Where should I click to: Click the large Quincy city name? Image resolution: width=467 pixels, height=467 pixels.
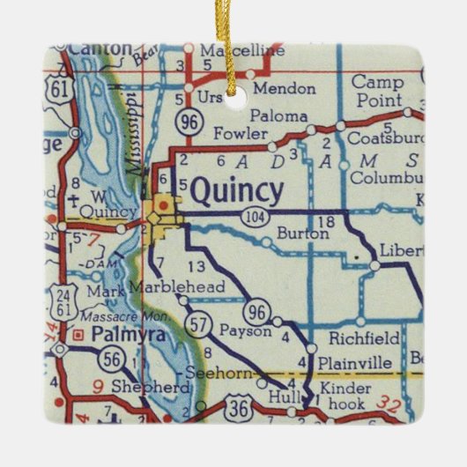tap(237, 190)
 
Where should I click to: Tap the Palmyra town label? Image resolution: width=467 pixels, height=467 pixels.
tap(114, 335)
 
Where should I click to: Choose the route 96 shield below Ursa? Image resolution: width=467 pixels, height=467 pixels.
tap(188, 121)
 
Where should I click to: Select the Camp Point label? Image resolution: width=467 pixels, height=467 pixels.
tap(377, 90)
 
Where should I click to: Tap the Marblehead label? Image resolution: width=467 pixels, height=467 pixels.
tap(175, 287)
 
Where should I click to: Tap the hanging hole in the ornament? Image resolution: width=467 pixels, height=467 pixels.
tap(233, 101)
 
